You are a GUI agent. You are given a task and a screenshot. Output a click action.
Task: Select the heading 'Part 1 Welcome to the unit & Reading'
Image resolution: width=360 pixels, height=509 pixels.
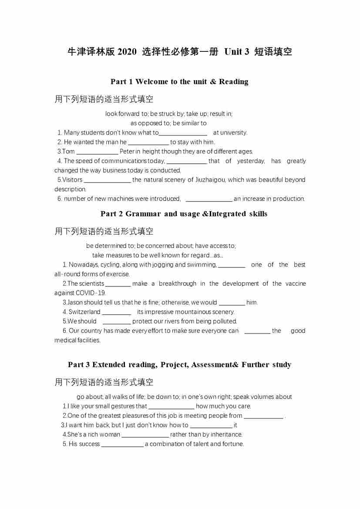[179, 81]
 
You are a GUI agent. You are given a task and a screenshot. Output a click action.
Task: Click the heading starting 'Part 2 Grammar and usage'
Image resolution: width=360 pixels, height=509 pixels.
[184, 214]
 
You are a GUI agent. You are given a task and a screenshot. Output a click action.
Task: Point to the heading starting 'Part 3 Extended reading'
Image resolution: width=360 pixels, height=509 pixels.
[179, 365]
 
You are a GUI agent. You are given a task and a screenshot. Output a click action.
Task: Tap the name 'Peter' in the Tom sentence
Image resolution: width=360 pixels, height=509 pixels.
[127, 152]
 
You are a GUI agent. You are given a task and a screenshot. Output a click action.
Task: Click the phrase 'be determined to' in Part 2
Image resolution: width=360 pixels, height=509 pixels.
[111, 246]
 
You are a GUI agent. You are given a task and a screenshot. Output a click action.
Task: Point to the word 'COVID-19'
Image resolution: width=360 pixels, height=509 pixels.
[91, 293]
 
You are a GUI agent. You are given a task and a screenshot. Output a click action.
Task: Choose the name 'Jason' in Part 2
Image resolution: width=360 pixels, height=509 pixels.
[74, 302]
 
